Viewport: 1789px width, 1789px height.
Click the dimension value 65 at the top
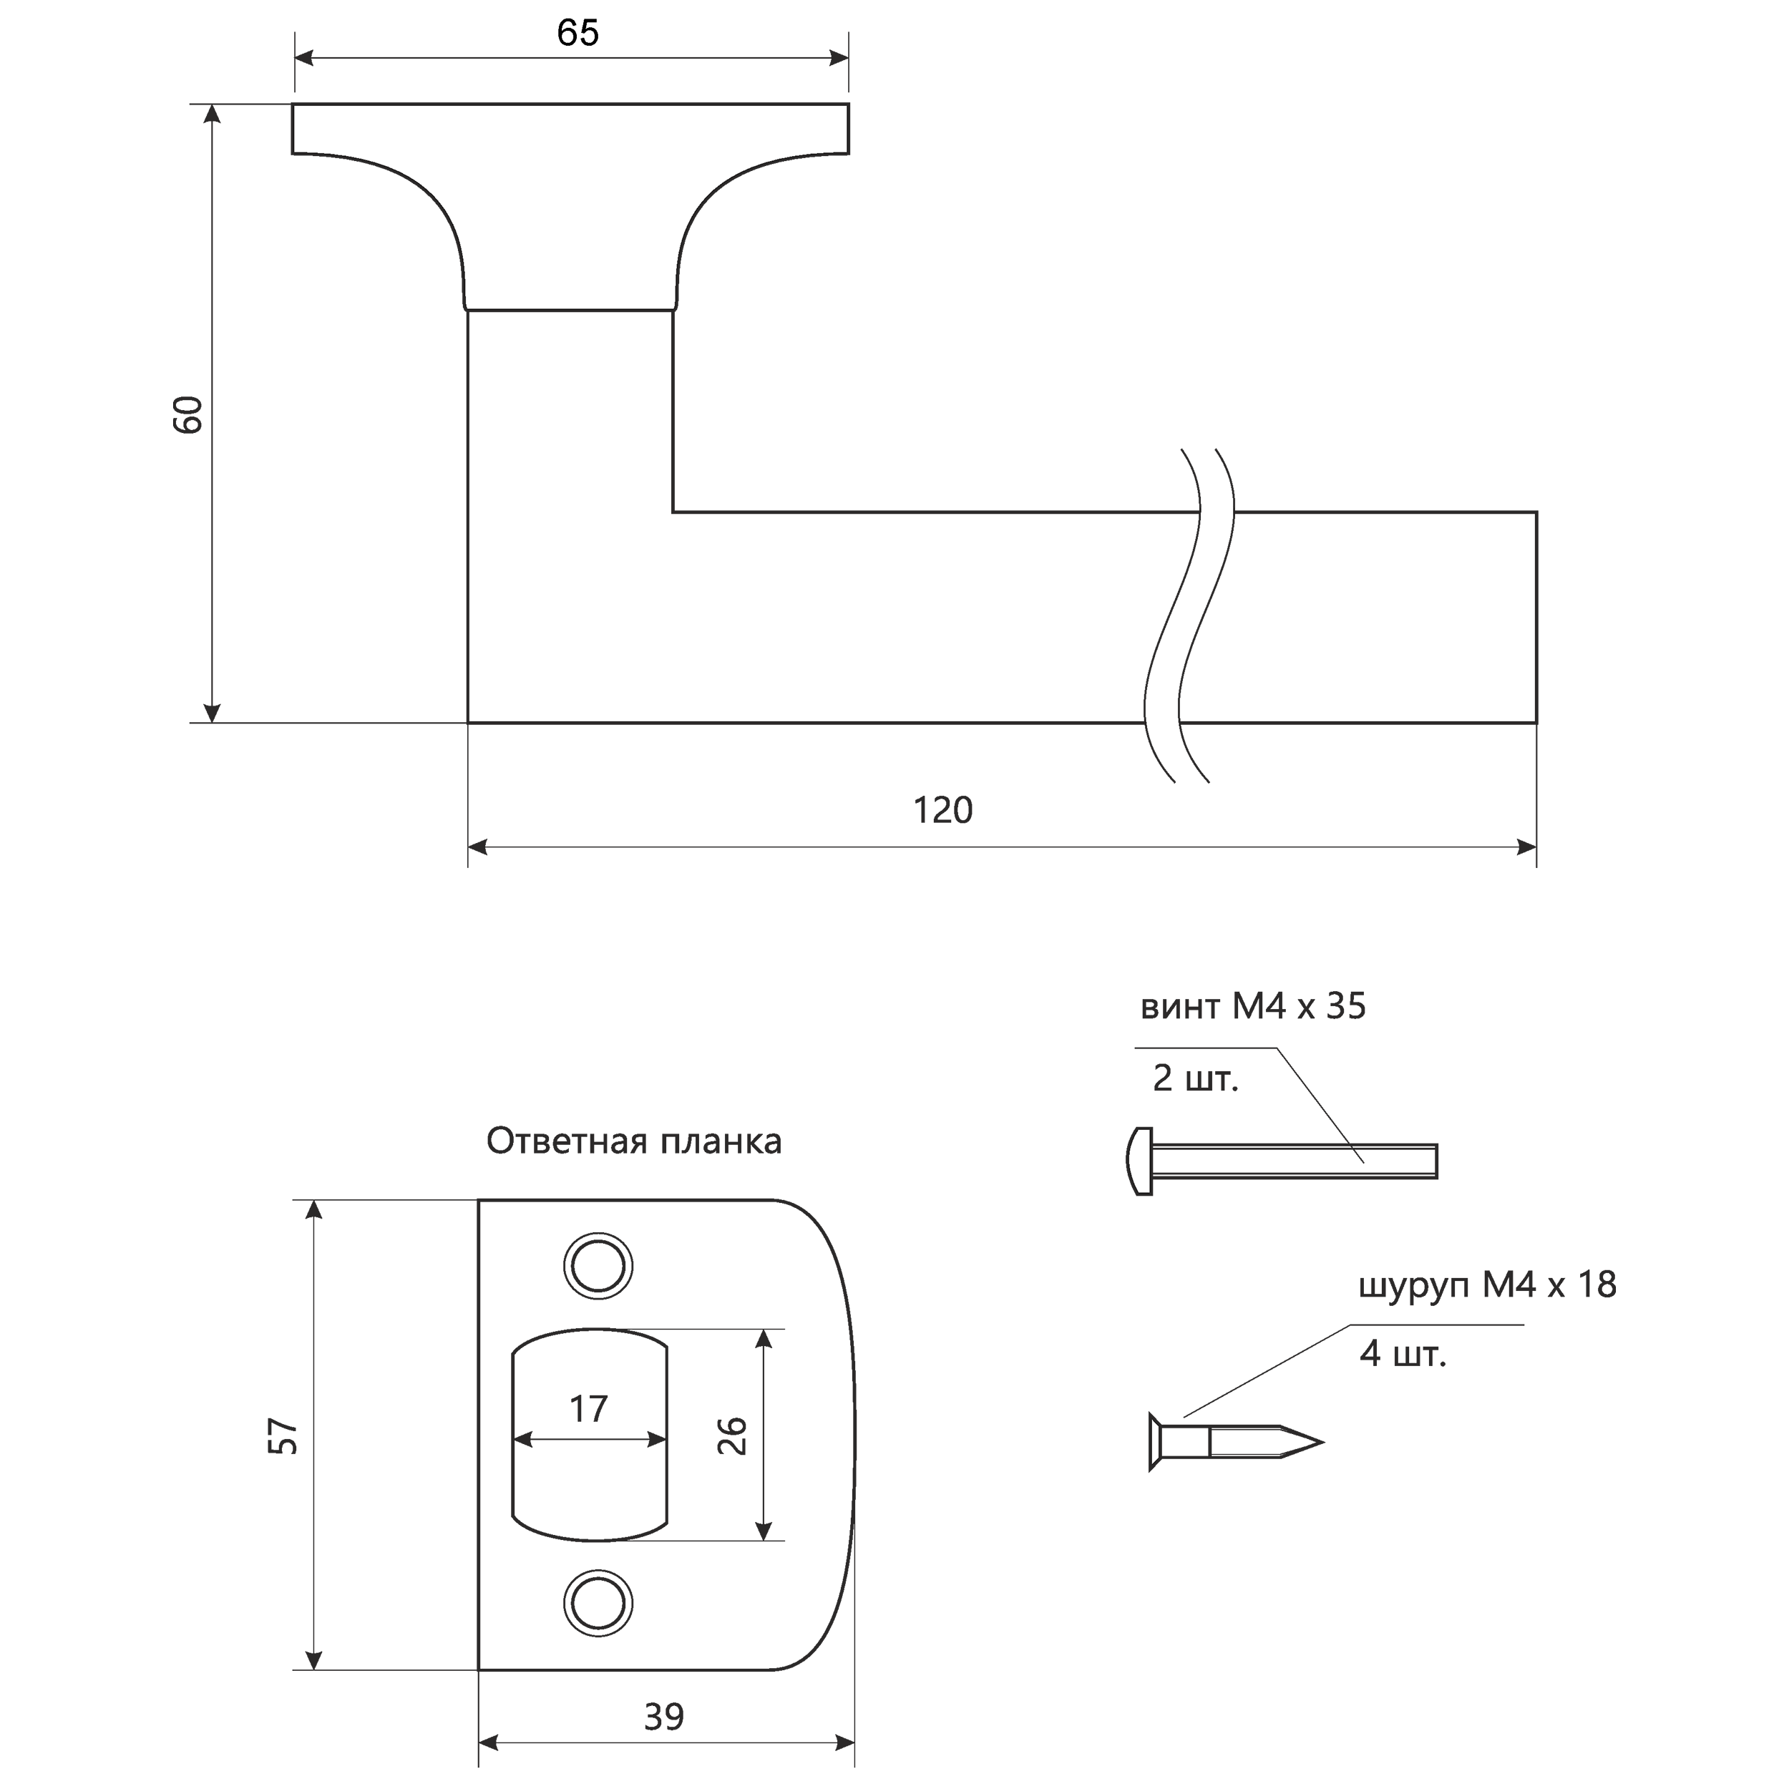[577, 34]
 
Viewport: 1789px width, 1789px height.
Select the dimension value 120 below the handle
[942, 810]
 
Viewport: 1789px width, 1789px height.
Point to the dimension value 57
[283, 1436]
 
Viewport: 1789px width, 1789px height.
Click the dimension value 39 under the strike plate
[664, 1717]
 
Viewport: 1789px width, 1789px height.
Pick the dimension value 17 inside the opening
[588, 1409]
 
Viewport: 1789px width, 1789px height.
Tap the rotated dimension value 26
[733, 1435]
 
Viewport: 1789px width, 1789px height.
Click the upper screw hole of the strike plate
[598, 1265]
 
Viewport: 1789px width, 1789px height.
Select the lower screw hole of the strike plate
[598, 1603]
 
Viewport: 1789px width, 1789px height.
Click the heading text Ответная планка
[634, 1141]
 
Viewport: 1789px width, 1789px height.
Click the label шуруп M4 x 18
[1487, 1285]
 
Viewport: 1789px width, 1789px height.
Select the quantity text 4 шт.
[1403, 1354]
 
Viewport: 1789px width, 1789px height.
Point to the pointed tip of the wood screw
[1322, 1442]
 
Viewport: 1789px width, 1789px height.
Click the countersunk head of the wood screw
[1156, 1442]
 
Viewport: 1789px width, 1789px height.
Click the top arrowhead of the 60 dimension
[212, 114]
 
